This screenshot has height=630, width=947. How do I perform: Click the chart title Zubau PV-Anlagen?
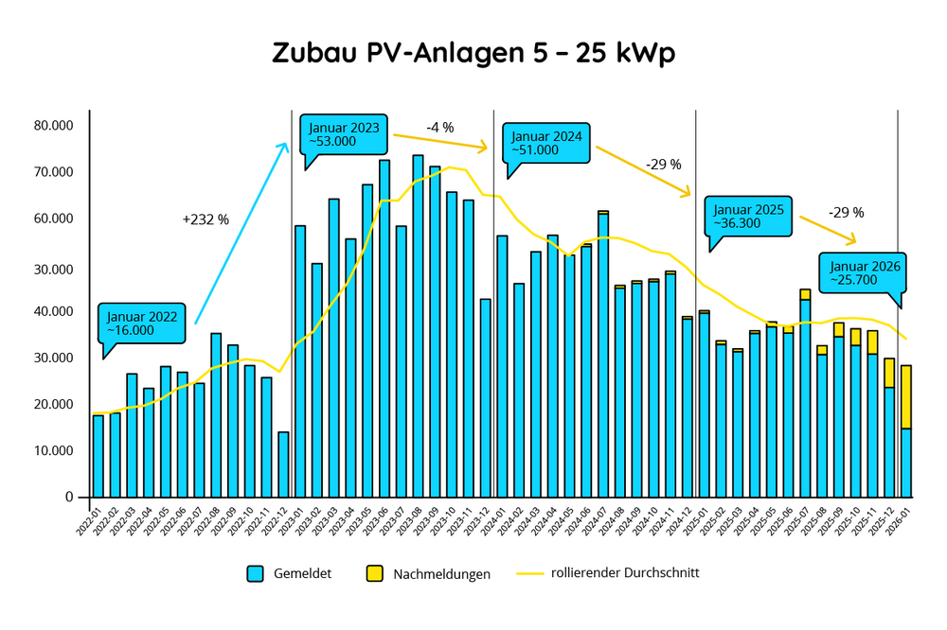(x=473, y=53)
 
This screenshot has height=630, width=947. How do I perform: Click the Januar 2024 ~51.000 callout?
(x=545, y=143)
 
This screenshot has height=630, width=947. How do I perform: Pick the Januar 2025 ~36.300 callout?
(x=748, y=217)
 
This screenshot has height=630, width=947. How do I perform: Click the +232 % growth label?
(x=205, y=219)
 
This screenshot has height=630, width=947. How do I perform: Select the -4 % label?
(x=439, y=128)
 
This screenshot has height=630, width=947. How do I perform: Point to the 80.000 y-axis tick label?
(x=55, y=126)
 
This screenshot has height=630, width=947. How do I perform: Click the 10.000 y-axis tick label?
(x=55, y=450)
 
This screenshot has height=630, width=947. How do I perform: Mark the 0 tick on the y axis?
(x=69, y=497)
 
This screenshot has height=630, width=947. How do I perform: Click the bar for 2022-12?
(x=283, y=464)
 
